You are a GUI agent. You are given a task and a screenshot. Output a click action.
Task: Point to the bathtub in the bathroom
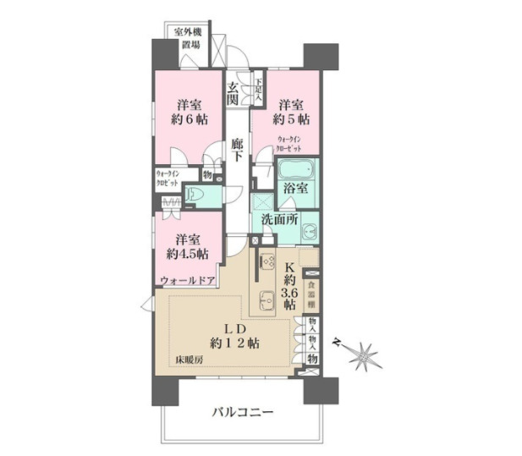click(298, 173)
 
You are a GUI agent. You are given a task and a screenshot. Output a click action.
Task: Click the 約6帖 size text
click(188, 119)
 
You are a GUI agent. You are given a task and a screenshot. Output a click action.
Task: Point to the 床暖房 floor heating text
click(191, 362)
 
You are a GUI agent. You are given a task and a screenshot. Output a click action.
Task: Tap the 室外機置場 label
click(188, 40)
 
